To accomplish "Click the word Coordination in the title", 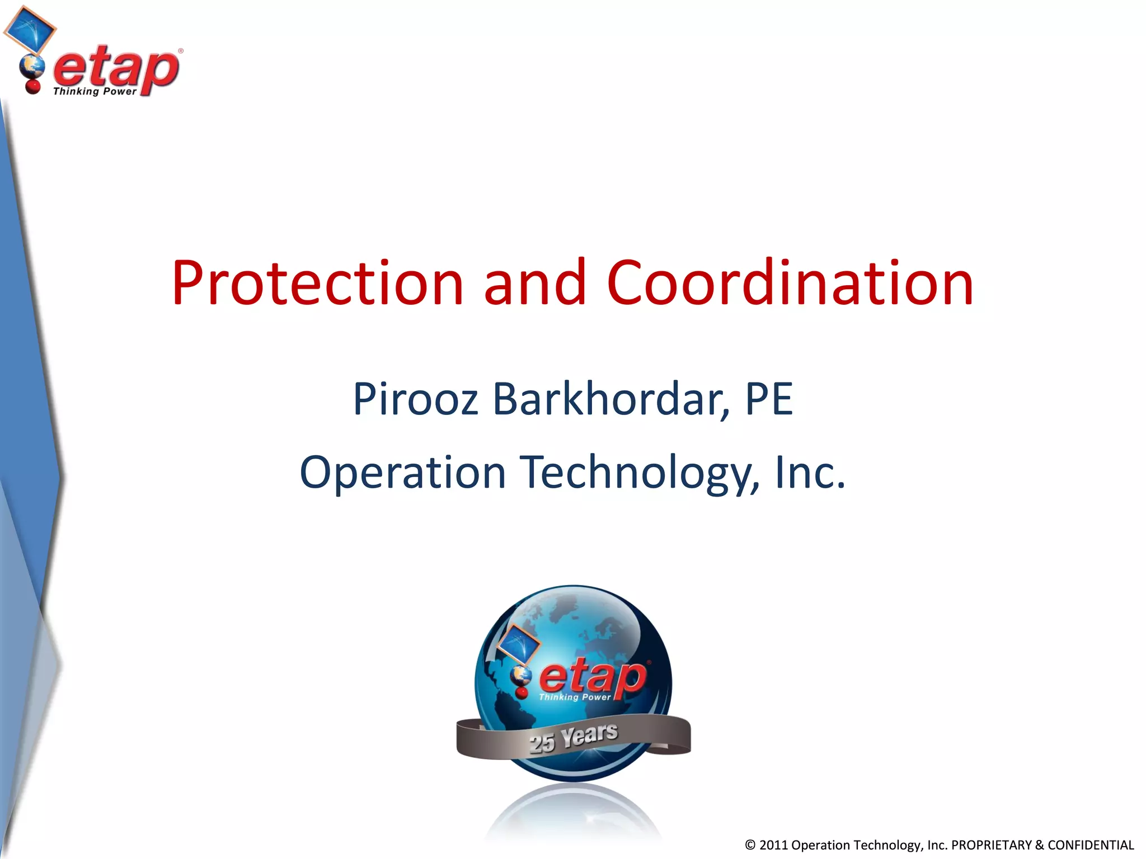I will click(x=790, y=284).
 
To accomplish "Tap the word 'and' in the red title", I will click(x=535, y=284).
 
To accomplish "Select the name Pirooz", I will click(x=415, y=399).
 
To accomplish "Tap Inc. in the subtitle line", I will click(x=810, y=473).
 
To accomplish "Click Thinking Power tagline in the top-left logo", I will click(x=94, y=92).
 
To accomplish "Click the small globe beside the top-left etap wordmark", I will click(x=31, y=68).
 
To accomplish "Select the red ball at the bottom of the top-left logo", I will click(x=33, y=87).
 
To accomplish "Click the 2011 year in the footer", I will click(x=773, y=845).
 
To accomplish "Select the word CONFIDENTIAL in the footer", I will click(x=1091, y=845).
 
